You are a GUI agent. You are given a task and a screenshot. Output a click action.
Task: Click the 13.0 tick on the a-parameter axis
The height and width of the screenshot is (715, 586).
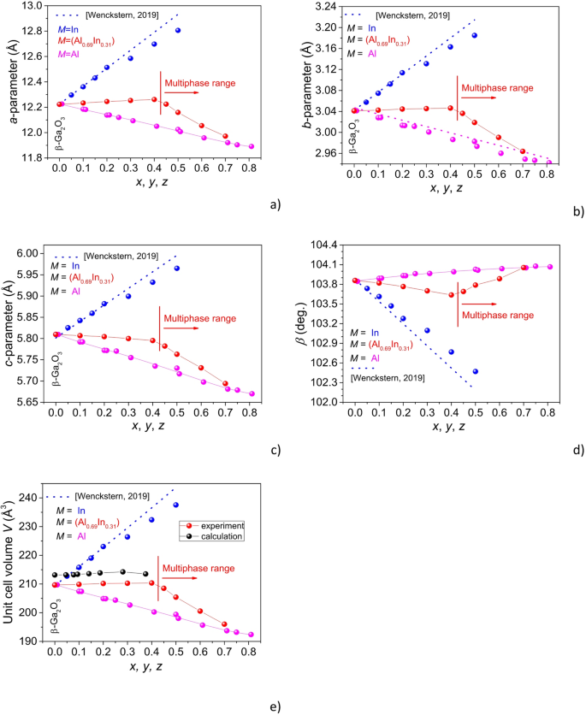(33, 6)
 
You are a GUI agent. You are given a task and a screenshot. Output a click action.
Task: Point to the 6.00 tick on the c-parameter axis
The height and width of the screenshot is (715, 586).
(34, 253)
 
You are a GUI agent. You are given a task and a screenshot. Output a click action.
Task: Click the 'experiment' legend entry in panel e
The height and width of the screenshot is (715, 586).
(220, 525)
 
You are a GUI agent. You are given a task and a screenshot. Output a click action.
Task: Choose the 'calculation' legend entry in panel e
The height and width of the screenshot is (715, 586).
(220, 536)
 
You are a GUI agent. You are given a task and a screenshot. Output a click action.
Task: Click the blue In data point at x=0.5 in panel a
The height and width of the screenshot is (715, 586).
(178, 31)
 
